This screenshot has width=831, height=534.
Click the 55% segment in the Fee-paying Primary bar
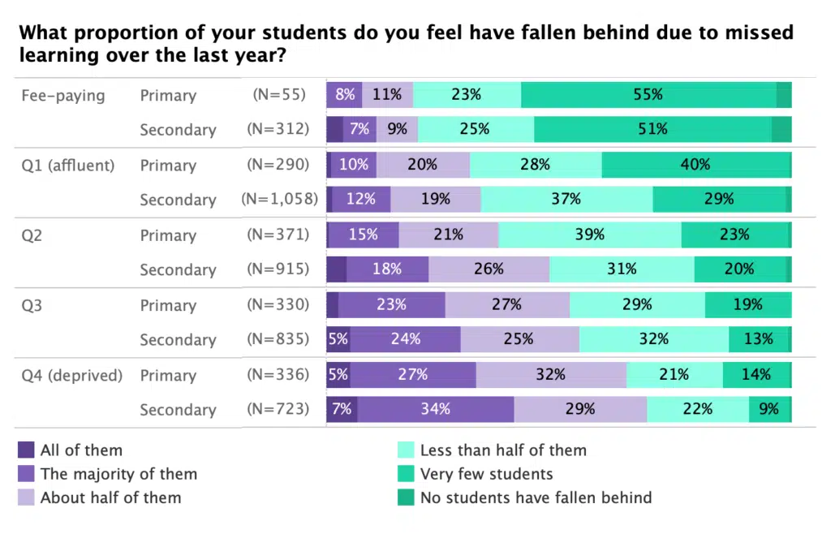648,95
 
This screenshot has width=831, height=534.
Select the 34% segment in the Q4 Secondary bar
435,410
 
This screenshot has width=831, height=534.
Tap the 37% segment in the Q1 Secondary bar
566,200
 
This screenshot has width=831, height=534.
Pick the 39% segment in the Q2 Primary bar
589,235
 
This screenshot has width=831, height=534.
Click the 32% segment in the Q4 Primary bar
551,375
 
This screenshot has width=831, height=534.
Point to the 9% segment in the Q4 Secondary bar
769,410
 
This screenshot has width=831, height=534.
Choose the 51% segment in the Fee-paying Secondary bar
652,130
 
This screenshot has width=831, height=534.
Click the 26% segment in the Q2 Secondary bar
489,269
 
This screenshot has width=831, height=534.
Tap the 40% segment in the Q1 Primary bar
695,165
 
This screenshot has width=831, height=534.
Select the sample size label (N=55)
279,95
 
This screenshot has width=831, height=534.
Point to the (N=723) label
278,410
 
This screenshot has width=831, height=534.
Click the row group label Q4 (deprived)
72,375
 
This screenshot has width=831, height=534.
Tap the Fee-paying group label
63,95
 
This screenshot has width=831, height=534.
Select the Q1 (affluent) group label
68,165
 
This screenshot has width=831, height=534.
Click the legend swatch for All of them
26,450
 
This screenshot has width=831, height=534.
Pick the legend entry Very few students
486,474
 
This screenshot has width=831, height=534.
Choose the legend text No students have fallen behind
536,497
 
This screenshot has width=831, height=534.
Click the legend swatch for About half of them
26,497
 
